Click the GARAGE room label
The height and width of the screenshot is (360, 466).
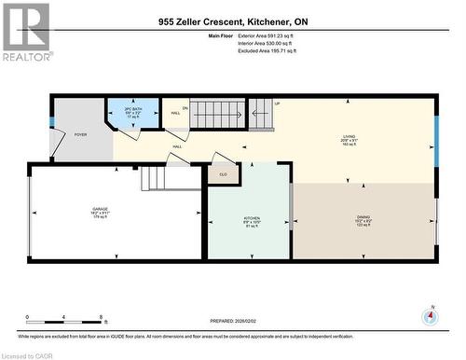99,210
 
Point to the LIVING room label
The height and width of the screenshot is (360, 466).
349,137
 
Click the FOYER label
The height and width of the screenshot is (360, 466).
81,134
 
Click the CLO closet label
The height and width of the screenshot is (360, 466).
223,173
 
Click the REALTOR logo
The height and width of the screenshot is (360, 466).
25,31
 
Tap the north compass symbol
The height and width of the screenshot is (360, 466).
429,316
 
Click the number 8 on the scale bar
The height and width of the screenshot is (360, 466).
101,318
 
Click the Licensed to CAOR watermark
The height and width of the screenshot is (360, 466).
27,354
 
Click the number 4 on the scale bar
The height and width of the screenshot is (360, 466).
63,318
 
